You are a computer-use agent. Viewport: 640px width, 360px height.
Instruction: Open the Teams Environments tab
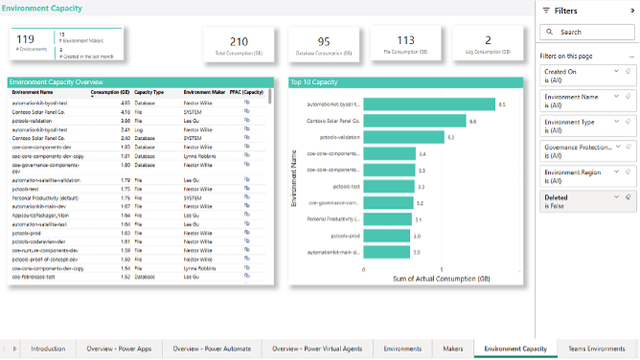tap(596, 349)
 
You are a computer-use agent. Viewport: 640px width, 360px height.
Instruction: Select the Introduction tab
tap(48, 349)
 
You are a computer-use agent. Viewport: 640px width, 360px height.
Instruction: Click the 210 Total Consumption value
tap(239, 41)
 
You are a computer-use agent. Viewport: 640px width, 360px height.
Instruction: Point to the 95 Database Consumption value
tap(324, 41)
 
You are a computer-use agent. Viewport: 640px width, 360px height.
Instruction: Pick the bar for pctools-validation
tap(404, 137)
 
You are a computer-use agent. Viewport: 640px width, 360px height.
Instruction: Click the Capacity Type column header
tap(149, 92)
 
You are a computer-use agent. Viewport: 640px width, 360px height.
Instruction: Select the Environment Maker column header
tap(203, 92)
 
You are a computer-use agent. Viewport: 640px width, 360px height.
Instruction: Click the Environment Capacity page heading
tap(40, 9)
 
